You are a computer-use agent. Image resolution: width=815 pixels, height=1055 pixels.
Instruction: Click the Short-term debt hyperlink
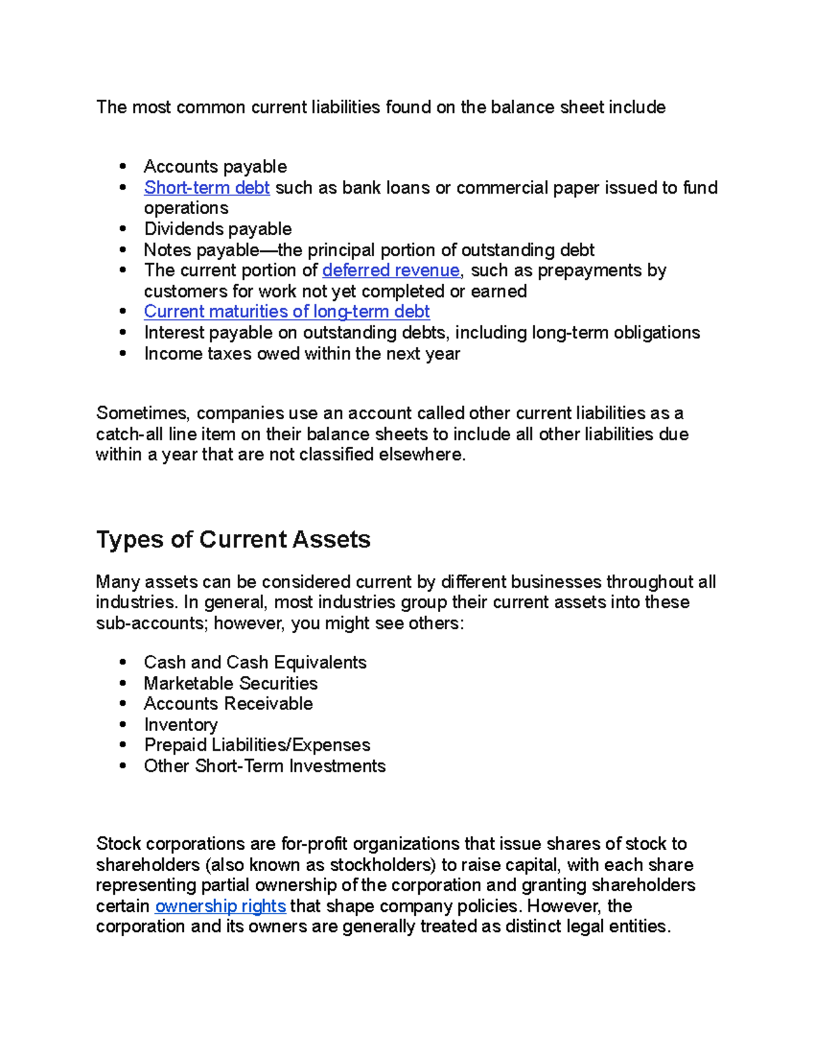[x=206, y=187]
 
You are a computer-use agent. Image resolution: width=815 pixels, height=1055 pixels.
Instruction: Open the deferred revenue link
[x=391, y=270]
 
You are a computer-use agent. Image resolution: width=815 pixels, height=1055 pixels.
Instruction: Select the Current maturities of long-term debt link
[x=287, y=312]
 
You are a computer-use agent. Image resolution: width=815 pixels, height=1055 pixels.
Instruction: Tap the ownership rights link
[x=220, y=906]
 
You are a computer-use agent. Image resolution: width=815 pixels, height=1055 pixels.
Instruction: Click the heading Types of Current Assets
[x=233, y=539]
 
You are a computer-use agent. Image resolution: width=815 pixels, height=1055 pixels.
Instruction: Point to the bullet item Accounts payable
[x=215, y=167]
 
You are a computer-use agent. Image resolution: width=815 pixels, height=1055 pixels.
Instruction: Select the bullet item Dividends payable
[x=217, y=229]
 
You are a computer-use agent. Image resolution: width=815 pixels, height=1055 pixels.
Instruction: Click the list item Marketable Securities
[x=230, y=683]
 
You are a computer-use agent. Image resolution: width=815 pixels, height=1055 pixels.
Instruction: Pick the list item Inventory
[x=181, y=725]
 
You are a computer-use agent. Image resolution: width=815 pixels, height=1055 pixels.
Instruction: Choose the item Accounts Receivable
[x=228, y=704]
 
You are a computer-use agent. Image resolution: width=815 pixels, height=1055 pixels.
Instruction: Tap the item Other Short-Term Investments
[x=264, y=766]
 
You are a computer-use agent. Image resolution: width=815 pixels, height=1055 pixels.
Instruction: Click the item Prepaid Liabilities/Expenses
[x=257, y=745]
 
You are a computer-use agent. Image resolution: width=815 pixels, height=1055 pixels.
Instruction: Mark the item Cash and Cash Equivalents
[x=255, y=662]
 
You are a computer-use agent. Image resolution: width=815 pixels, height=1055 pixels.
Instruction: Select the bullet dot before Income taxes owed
[x=123, y=353]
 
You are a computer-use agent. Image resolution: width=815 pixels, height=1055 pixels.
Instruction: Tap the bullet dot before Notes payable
[x=123, y=249]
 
